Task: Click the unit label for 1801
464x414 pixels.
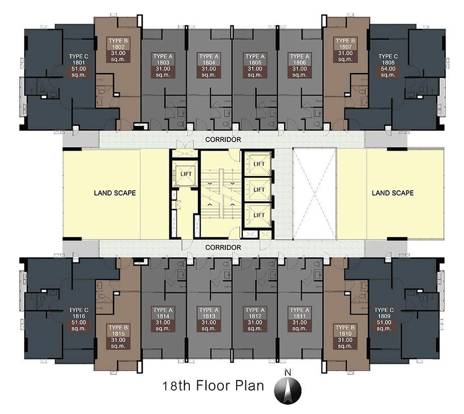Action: point(79,65)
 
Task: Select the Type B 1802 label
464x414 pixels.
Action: point(118,49)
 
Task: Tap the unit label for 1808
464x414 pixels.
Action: point(388,65)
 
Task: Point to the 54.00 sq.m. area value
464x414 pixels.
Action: point(388,72)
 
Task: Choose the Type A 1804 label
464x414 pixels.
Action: point(209,65)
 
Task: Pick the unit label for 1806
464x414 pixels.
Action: point(300,65)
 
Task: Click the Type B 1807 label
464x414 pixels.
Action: point(345,49)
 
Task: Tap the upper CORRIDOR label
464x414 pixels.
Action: point(223,139)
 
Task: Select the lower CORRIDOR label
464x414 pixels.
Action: point(223,247)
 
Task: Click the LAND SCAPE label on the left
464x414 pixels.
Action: point(115,193)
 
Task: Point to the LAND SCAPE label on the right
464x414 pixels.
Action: point(393,193)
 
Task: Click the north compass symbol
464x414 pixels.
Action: point(288,388)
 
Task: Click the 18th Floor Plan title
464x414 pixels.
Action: point(213,386)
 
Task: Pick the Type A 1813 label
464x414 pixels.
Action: point(209,319)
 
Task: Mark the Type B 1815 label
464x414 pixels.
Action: point(118,337)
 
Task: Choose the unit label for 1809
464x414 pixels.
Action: point(384,319)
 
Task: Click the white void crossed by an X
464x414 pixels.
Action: point(314,194)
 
